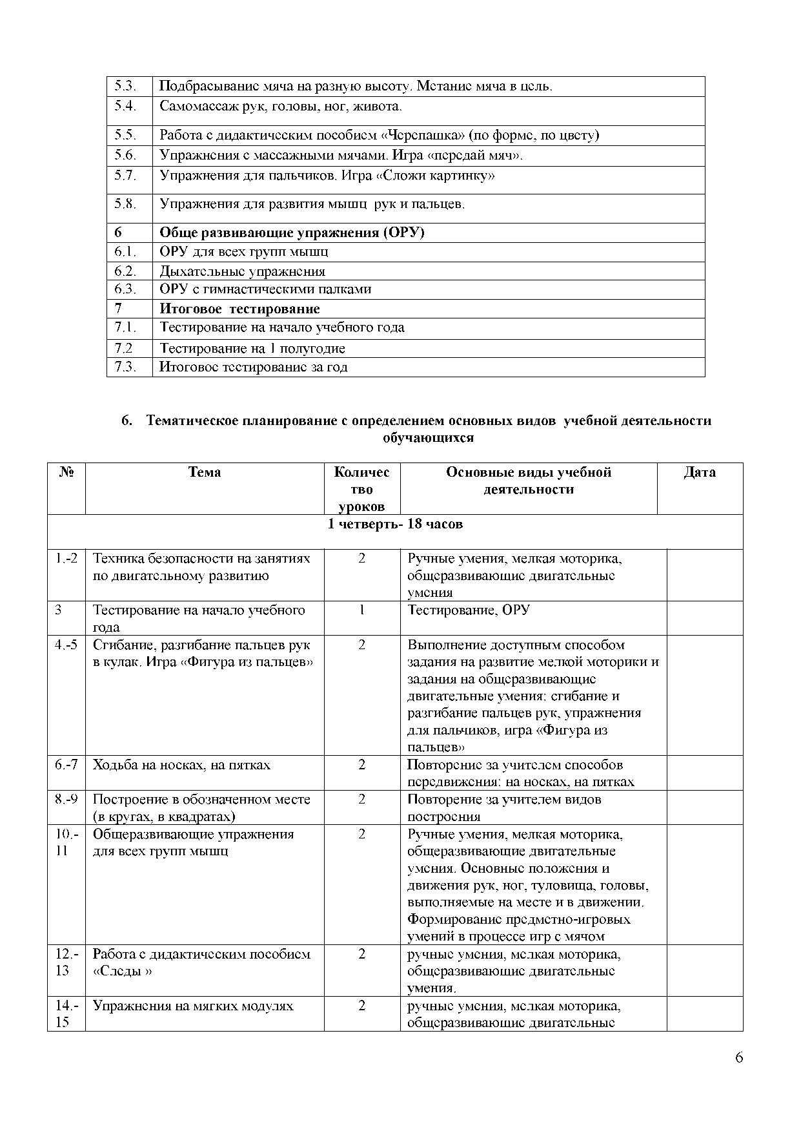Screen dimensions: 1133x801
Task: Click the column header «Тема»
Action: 205,472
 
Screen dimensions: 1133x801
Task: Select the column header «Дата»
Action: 700,472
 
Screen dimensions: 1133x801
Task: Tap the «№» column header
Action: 66,472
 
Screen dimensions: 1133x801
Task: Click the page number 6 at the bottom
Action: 739,1057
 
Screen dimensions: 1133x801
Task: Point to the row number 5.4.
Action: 125,106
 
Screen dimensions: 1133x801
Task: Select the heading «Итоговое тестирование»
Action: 239,309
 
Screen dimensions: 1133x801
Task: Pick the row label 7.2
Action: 123,348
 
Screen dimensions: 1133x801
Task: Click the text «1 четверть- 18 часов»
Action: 395,524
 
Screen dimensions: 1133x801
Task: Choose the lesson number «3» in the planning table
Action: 58,610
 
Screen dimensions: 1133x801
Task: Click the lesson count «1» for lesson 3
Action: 361,610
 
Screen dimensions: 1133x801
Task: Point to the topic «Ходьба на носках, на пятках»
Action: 181,765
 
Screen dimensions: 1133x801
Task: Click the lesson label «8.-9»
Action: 66,799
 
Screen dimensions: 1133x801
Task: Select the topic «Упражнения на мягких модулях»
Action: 193,1006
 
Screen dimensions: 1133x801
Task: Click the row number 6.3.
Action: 125,289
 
